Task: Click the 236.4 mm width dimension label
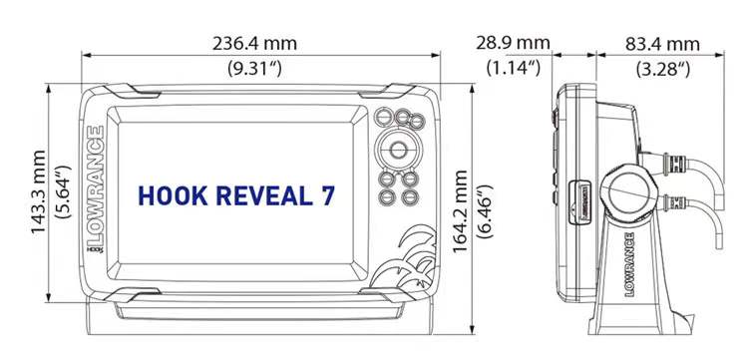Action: pyautogui.click(x=254, y=44)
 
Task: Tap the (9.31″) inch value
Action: pyautogui.click(x=254, y=69)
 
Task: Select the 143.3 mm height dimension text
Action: pyautogui.click(x=39, y=192)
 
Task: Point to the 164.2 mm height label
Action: pyautogui.click(x=461, y=211)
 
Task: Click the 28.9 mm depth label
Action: pyautogui.click(x=513, y=44)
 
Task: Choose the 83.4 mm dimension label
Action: pyautogui.click(x=662, y=44)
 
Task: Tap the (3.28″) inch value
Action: pyautogui.click(x=663, y=70)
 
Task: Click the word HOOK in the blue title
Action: pyautogui.click(x=173, y=196)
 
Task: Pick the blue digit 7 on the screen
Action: pyautogui.click(x=328, y=196)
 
